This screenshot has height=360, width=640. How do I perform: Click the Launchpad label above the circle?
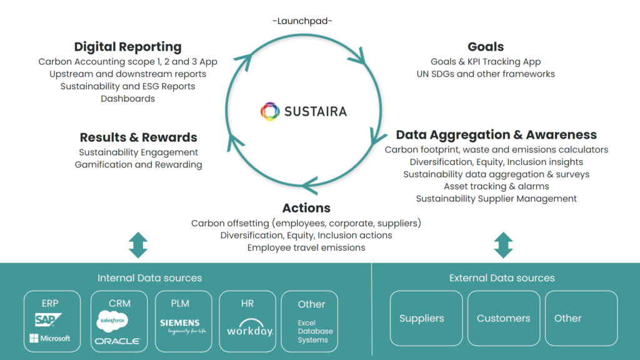302,21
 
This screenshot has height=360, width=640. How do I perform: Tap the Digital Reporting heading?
127,47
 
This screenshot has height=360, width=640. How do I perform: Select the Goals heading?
485,47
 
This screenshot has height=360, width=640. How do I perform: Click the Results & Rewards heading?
138,137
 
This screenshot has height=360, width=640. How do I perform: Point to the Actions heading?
306,208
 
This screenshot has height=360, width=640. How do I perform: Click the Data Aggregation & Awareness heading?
496,135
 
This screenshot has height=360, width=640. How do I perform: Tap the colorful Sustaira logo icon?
270,111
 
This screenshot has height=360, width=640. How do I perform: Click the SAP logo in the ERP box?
48,321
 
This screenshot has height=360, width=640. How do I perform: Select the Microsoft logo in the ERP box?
50,339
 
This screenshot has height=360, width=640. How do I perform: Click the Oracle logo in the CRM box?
117,341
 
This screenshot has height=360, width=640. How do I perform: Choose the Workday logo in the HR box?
249,329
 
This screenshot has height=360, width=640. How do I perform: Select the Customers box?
503,318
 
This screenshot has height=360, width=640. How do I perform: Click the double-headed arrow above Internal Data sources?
137,246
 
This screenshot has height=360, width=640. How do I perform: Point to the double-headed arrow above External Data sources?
502,246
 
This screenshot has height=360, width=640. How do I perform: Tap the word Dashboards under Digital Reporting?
127,98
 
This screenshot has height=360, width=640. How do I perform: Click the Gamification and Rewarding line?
138,164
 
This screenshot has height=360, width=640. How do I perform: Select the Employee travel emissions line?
306,247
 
